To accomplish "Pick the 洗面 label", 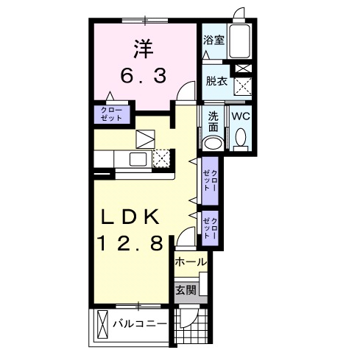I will click(213, 121).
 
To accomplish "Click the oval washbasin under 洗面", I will click(213, 143).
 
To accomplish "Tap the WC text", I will click(241, 116).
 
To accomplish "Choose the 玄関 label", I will click(186, 290).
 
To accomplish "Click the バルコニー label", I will click(138, 323).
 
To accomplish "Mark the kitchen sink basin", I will click(138, 158).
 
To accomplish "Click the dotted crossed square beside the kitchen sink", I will click(162, 158).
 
